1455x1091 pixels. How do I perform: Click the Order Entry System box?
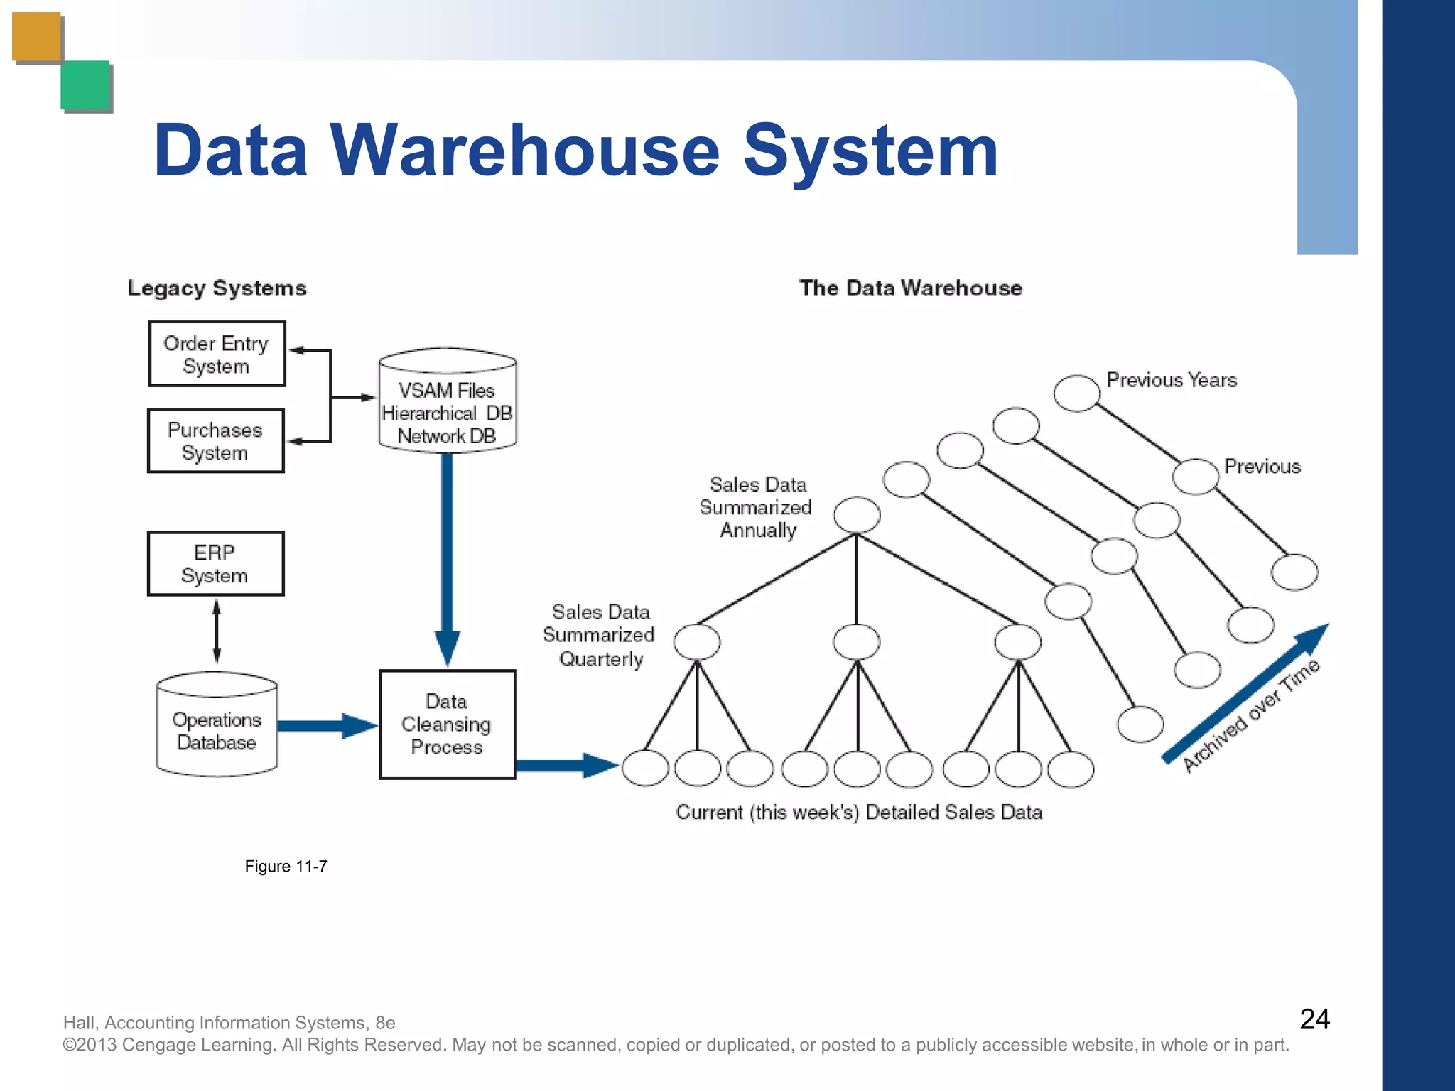tap(217, 354)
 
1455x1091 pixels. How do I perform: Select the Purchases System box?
tap(215, 441)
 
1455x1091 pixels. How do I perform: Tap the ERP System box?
tap(215, 563)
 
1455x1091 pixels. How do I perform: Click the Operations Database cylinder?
tap(217, 724)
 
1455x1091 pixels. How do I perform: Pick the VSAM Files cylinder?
tap(447, 401)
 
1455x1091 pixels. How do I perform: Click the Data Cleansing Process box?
tap(447, 724)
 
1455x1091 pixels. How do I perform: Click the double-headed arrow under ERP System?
tap(217, 631)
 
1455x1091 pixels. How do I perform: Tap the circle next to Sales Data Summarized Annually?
tap(857, 515)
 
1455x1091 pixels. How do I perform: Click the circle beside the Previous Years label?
tap(1076, 393)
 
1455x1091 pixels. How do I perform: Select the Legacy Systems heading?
tap(217, 288)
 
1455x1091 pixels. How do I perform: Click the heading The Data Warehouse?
tap(910, 288)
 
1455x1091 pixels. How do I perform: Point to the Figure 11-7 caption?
tap(286, 866)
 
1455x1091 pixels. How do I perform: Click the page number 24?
tap(1314, 1019)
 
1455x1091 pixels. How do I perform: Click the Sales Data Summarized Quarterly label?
tap(599, 635)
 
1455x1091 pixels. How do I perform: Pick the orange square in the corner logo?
tap(37, 36)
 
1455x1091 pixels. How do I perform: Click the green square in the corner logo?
tap(85, 85)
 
